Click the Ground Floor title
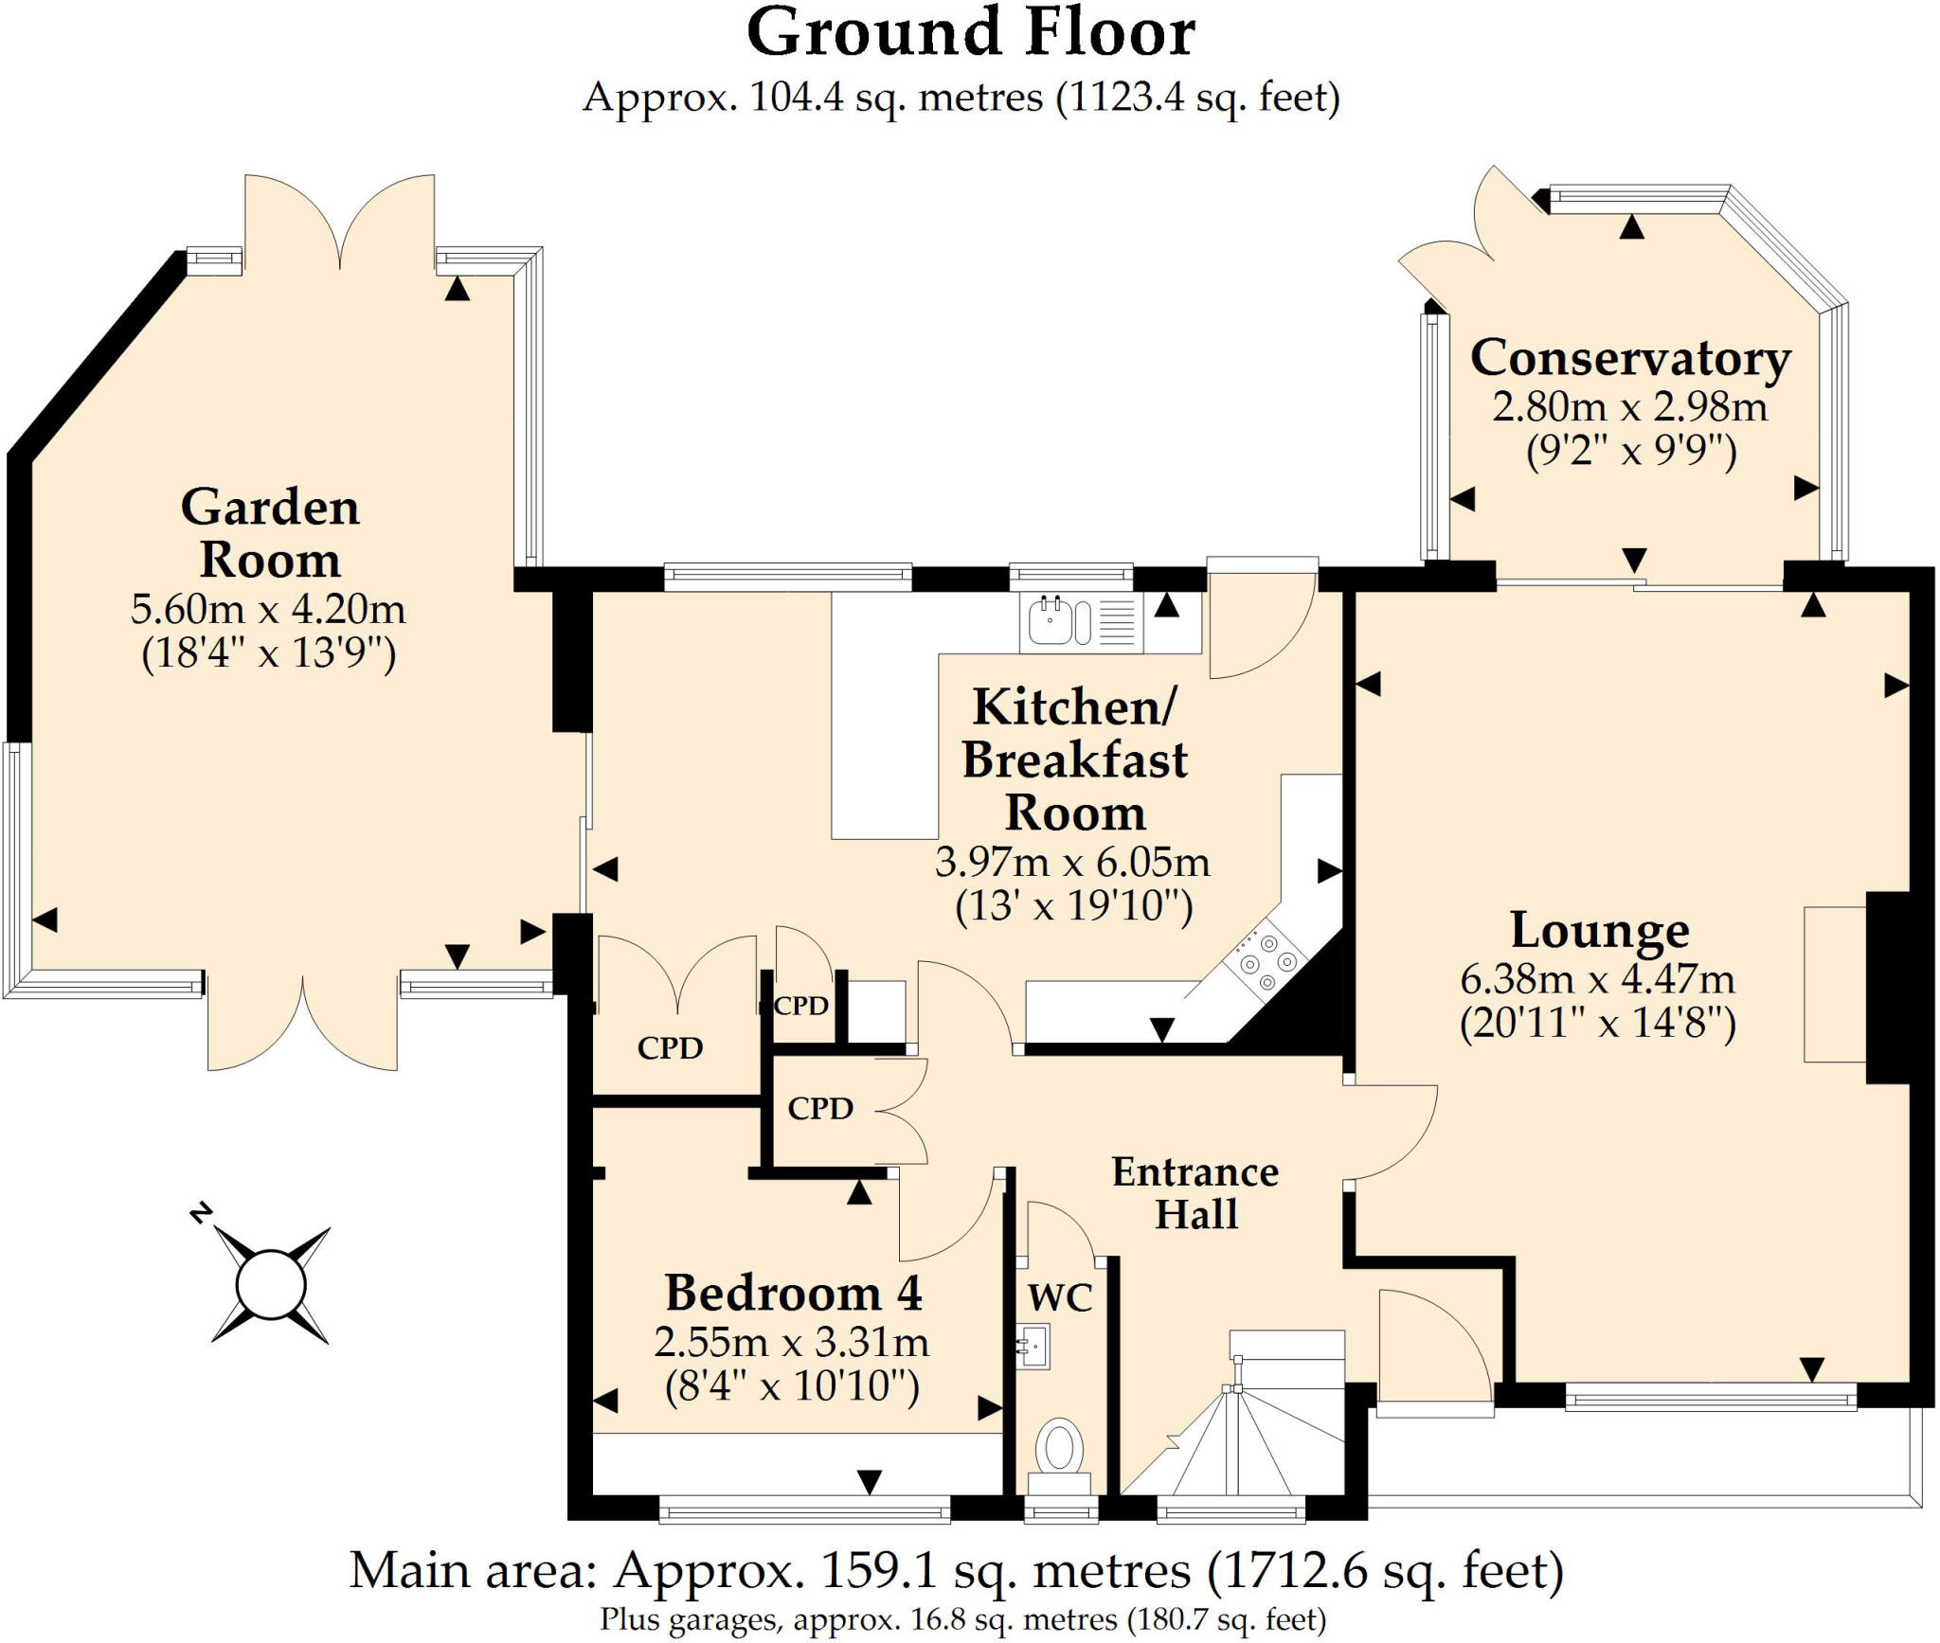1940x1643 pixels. pos(970,34)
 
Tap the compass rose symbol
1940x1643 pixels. pos(271,1285)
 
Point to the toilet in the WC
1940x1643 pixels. pos(1059,1450)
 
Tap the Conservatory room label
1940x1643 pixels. pos(1629,359)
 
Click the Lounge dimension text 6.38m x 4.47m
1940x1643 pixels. pos(1597,978)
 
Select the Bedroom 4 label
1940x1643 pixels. pos(793,1293)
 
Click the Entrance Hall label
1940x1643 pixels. pos(1195,1193)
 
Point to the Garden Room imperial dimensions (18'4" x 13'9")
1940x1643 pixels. pos(268,653)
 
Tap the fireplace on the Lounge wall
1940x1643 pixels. pos(1838,985)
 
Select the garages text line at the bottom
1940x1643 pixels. pos(962,1620)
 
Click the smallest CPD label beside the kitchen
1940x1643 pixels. pos(801,1006)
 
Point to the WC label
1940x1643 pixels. pos(1059,1297)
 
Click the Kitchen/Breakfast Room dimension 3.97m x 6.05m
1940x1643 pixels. pos(1072,862)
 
